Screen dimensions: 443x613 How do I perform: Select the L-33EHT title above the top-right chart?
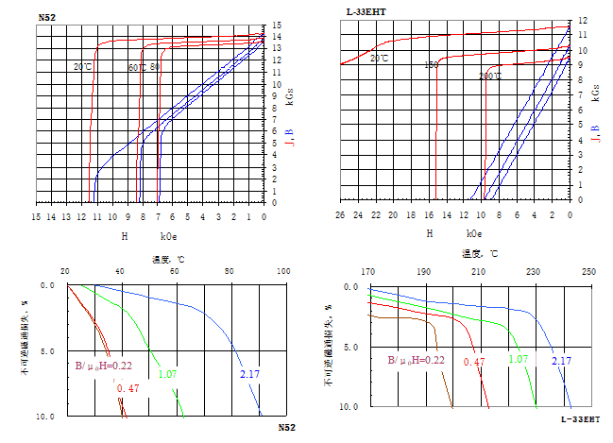click(x=365, y=10)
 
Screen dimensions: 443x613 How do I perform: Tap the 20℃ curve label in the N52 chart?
click(x=82, y=66)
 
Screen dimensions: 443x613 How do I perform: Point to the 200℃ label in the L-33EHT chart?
click(x=489, y=77)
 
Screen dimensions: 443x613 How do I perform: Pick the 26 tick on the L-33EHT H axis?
click(x=340, y=216)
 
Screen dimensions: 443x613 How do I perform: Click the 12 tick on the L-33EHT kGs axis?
click(x=583, y=19)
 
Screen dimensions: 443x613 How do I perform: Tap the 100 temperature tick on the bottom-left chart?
click(x=283, y=271)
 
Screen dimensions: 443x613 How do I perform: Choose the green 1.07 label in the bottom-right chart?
click(x=518, y=360)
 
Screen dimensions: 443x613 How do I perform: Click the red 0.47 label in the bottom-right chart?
click(x=473, y=360)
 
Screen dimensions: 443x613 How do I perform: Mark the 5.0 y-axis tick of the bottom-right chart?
click(x=349, y=347)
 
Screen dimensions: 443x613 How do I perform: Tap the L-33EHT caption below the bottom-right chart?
click(x=580, y=418)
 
